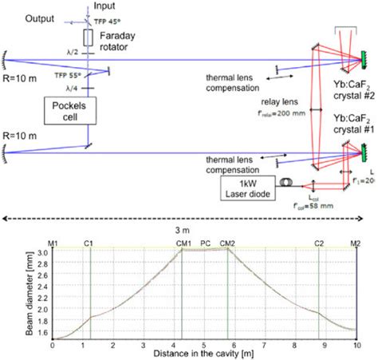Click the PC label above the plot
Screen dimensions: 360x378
coord(206,242)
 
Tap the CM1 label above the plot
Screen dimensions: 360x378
coord(183,242)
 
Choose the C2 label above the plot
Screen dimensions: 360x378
coord(319,242)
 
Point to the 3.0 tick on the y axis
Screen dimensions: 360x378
coord(41,252)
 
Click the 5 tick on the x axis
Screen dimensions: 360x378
coord(205,345)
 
